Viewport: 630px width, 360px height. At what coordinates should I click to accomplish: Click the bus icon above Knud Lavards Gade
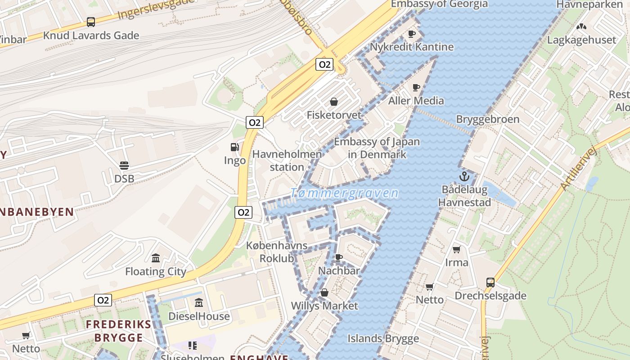(x=91, y=22)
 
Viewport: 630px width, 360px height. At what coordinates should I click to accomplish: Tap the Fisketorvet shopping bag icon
(x=334, y=102)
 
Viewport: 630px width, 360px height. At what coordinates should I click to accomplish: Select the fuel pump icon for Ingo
(x=234, y=147)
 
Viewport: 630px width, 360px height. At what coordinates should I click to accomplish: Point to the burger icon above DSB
(x=124, y=166)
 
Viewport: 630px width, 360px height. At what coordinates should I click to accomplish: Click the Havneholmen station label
(x=287, y=161)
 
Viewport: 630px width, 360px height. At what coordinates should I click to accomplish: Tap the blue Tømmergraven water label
(x=344, y=193)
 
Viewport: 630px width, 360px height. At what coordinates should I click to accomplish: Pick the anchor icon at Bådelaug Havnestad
(x=464, y=176)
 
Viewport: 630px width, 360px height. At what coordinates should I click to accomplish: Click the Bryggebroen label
(x=488, y=119)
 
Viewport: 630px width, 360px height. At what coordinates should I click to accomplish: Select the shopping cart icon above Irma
(x=457, y=249)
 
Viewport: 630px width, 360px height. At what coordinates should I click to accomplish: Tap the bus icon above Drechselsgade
(x=490, y=283)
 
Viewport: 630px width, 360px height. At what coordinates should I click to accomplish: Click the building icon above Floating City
(x=156, y=258)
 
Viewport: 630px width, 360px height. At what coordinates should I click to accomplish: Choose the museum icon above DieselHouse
(x=198, y=303)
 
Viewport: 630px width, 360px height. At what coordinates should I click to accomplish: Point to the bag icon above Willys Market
(x=324, y=293)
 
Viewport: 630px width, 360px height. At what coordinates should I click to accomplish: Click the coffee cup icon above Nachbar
(x=339, y=257)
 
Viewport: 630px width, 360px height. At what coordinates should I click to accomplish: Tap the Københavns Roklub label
(x=277, y=252)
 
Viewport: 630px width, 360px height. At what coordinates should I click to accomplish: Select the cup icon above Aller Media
(x=416, y=87)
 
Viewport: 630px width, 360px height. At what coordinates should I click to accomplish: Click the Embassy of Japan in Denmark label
(x=377, y=148)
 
